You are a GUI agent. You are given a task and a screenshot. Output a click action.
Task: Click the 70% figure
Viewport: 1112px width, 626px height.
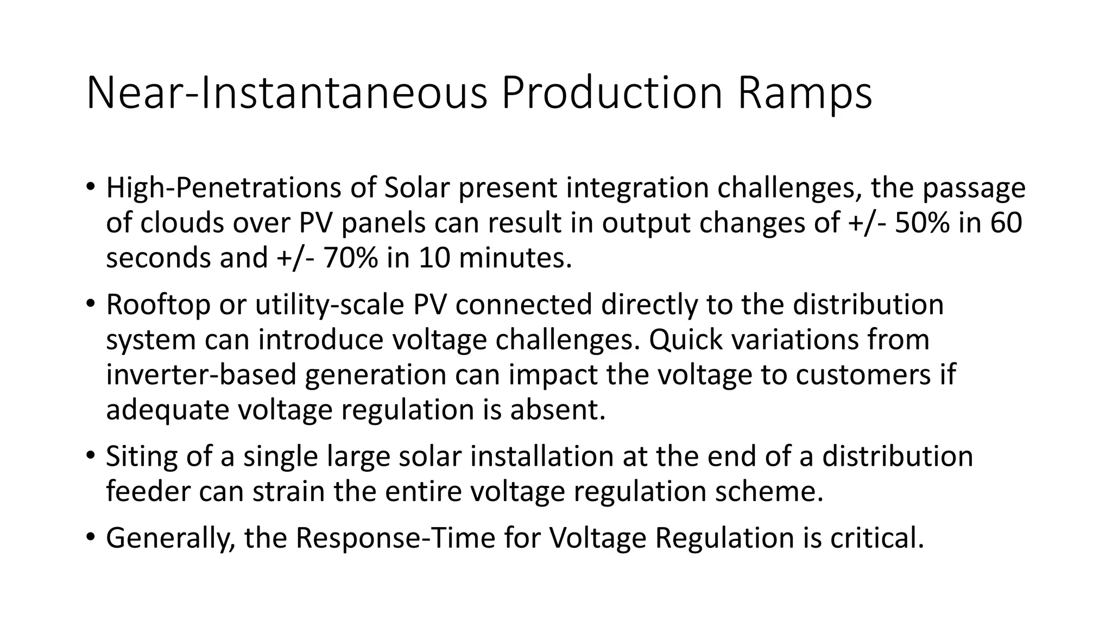tap(350, 258)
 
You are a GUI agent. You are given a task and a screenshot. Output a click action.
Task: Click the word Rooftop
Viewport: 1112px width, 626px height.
tap(158, 305)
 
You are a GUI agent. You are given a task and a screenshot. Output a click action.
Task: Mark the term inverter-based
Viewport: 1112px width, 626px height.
tap(201, 375)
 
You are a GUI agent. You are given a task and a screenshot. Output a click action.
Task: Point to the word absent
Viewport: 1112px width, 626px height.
tap(557, 410)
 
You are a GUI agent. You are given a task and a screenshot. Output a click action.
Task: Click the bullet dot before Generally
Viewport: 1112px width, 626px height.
tap(90, 537)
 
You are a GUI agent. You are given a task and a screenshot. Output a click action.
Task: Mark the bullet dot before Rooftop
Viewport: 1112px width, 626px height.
tap(90, 304)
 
